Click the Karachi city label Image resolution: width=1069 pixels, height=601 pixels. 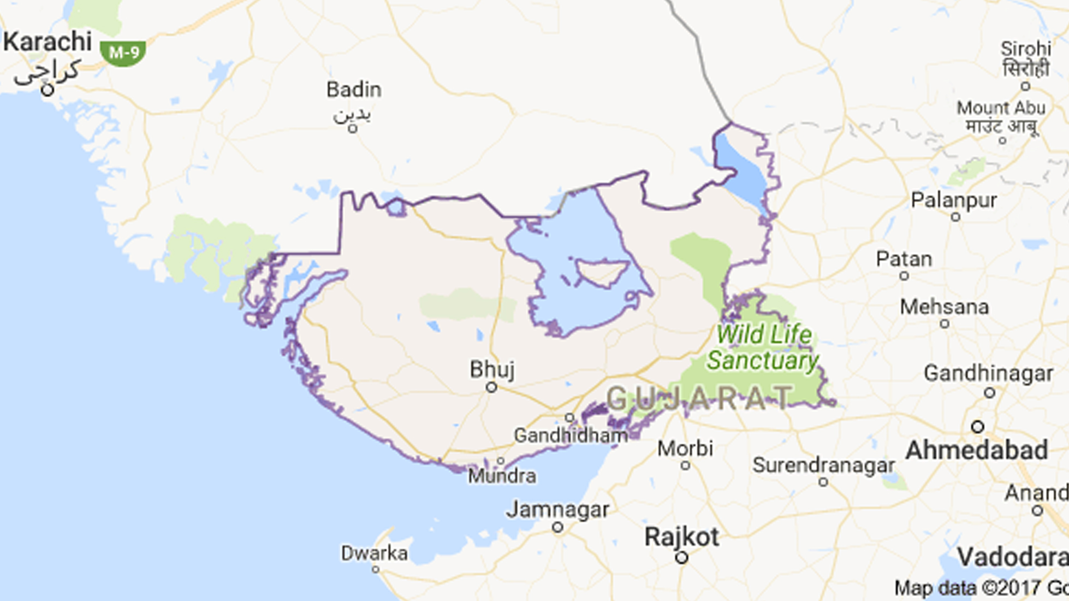[x=47, y=42]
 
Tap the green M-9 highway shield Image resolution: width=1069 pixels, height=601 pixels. [x=123, y=53]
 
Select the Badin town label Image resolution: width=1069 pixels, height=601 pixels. [x=354, y=90]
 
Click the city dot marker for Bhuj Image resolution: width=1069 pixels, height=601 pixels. [x=491, y=387]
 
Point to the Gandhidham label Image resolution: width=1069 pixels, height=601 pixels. [x=571, y=435]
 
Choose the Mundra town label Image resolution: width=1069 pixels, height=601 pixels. [x=502, y=476]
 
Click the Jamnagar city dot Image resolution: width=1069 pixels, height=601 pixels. [x=557, y=527]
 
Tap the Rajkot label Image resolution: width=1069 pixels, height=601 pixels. [x=681, y=537]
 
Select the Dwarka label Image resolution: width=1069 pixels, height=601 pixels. [x=375, y=553]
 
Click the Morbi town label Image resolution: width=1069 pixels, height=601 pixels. [x=685, y=449]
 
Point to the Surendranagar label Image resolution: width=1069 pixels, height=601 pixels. [x=823, y=466]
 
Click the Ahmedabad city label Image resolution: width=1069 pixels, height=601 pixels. [x=976, y=451]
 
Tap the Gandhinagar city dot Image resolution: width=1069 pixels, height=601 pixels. [x=989, y=393]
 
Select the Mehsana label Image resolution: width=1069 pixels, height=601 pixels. [x=944, y=307]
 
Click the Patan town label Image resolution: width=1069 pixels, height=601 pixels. [x=904, y=259]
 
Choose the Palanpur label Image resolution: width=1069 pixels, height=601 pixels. [x=954, y=201]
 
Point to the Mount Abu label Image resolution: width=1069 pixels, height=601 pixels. [x=1001, y=108]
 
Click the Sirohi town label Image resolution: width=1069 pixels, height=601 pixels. [x=1026, y=49]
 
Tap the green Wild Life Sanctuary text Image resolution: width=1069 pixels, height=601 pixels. [x=763, y=347]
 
